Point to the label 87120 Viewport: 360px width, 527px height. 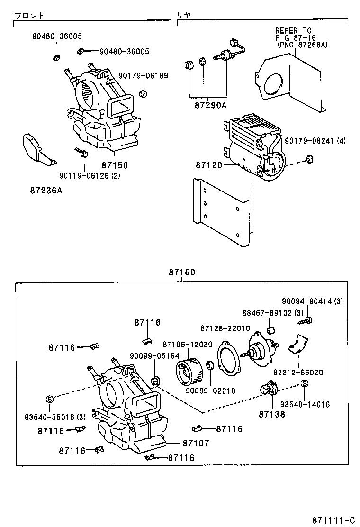click(x=209, y=165)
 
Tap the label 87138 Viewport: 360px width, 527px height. click(x=272, y=413)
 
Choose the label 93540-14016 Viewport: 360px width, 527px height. click(x=305, y=404)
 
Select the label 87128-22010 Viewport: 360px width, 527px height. click(x=225, y=328)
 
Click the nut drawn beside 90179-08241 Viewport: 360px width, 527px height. click(x=309, y=158)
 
